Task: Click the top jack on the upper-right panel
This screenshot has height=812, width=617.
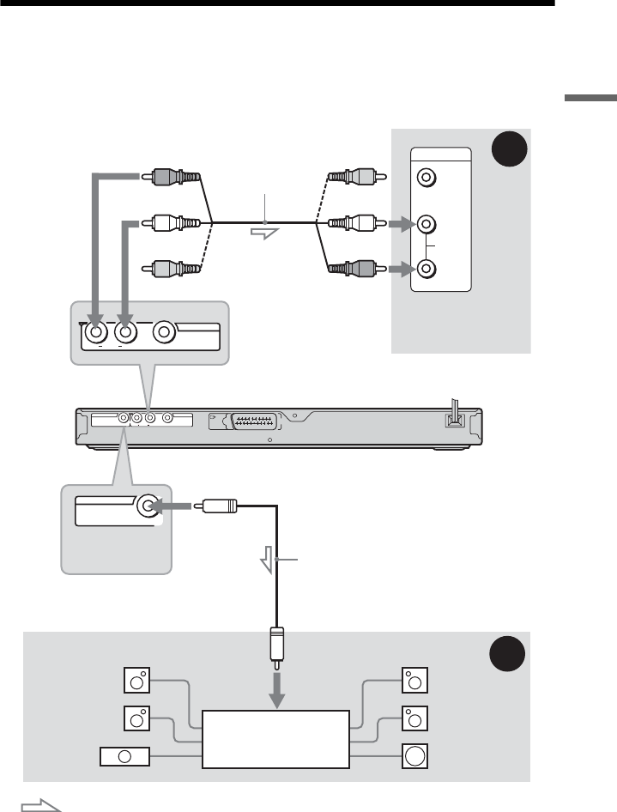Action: click(424, 179)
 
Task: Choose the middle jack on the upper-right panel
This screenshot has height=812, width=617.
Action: click(424, 225)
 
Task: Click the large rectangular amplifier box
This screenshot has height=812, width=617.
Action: click(275, 738)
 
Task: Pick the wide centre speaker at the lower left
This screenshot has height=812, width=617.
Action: click(124, 757)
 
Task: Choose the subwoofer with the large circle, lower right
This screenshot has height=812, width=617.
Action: click(414, 756)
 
